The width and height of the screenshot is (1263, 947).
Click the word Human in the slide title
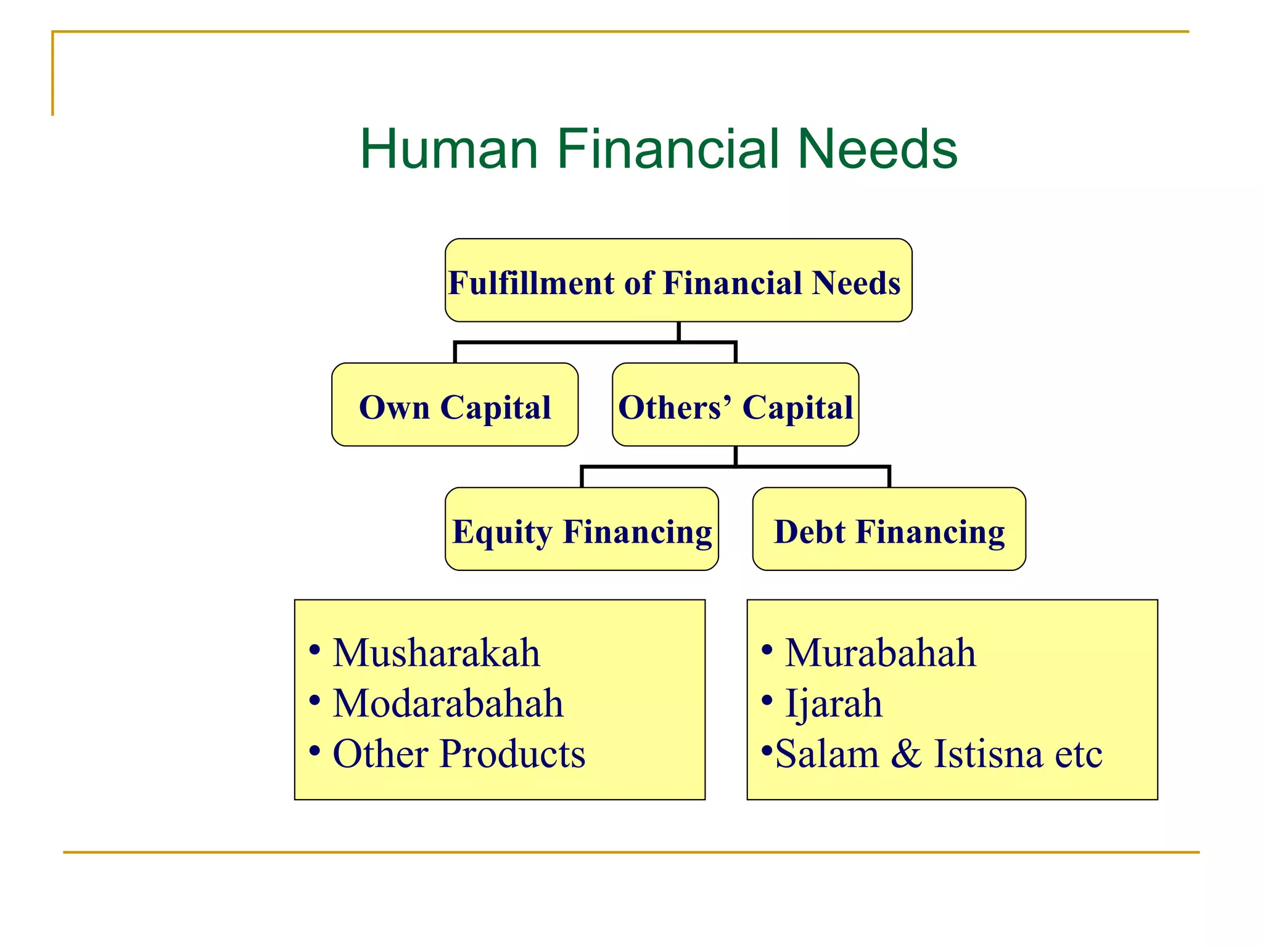point(449,149)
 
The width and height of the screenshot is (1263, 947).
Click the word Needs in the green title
point(877,149)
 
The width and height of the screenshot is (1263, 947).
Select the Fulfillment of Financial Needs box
point(678,281)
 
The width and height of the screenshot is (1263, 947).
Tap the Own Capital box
point(455,405)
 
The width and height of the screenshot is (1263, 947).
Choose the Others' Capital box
point(735,405)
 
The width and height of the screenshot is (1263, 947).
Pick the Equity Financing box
point(582,530)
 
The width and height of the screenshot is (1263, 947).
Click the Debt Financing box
point(889,530)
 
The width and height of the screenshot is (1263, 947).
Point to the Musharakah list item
point(436,652)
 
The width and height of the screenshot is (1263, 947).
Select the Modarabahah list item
point(448,703)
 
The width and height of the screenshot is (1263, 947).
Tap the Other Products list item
point(459,753)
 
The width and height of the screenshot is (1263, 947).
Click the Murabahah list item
point(880,652)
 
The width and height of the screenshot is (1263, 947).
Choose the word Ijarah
point(833,703)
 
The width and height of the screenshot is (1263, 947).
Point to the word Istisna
point(987,753)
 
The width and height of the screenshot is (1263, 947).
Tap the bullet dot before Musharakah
point(315,650)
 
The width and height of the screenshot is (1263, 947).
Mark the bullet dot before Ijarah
point(767,700)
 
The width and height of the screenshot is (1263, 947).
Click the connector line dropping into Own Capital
point(455,353)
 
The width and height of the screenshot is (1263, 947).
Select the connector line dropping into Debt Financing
point(889,477)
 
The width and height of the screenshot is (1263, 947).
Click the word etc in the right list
point(1078,755)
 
